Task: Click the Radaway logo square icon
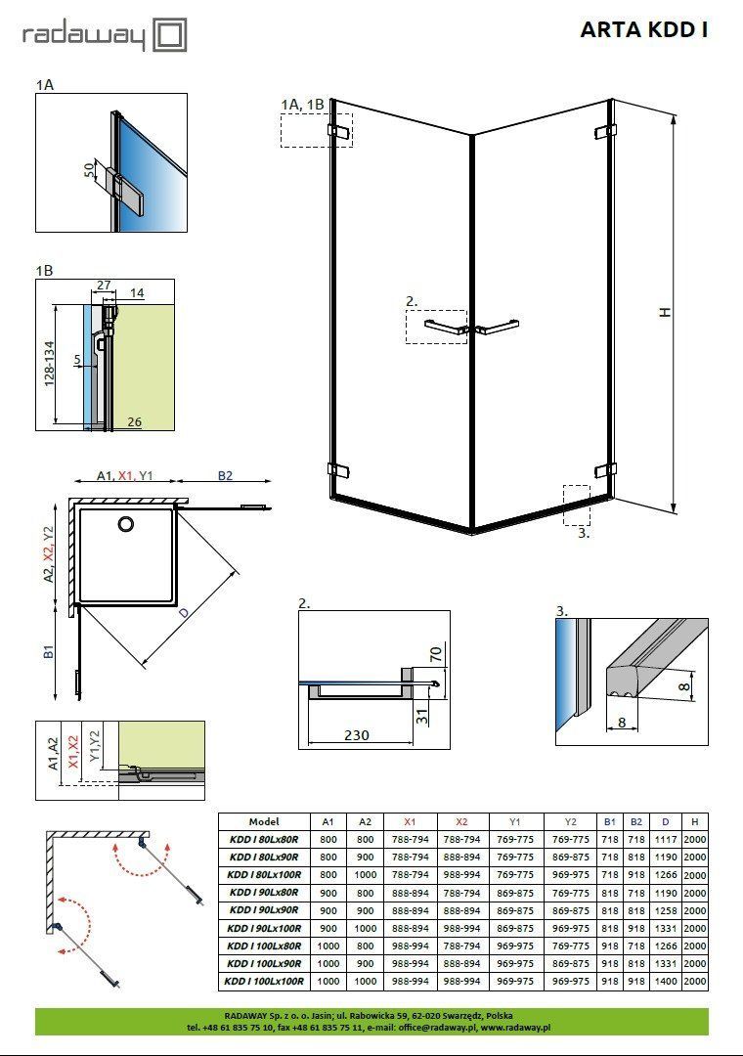click(x=170, y=35)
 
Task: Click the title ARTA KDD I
click(x=644, y=30)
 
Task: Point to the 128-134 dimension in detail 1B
click(x=50, y=364)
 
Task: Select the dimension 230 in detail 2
click(x=356, y=734)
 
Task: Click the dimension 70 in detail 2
click(x=436, y=654)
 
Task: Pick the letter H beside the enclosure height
click(x=665, y=312)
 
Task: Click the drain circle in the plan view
click(x=126, y=523)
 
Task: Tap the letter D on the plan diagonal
click(x=184, y=613)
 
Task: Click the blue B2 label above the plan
click(x=225, y=475)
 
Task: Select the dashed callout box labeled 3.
click(x=577, y=506)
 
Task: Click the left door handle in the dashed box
click(x=445, y=328)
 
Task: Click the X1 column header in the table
click(x=411, y=821)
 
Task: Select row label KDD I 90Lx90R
click(x=264, y=910)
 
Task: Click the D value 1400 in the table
click(x=666, y=982)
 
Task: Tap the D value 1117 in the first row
click(x=666, y=840)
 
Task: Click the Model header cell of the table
click(x=264, y=821)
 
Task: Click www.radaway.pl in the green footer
click(x=516, y=1027)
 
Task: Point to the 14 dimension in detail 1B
click(x=138, y=293)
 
